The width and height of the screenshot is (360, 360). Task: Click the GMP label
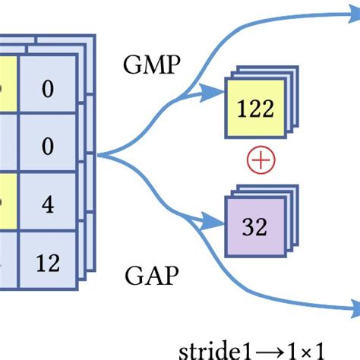152,65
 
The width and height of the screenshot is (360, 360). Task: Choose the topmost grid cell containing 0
47,89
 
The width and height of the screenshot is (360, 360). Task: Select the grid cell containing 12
47,263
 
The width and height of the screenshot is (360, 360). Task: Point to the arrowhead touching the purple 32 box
220,221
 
